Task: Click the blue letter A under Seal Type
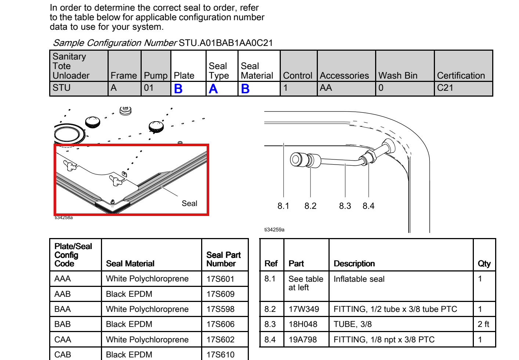coord(213,89)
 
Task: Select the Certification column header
coord(461,76)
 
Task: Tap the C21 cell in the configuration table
coord(445,88)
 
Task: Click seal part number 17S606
coord(220,324)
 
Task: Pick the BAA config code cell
coord(62,309)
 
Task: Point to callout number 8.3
coord(345,206)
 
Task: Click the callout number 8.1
coord(283,206)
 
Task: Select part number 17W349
coord(304,309)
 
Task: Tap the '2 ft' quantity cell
coord(483,324)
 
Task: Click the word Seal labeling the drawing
coord(189,204)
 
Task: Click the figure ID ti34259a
coord(274,230)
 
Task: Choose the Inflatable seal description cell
coord(359,279)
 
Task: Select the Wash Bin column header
coord(398,76)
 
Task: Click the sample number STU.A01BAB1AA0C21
coord(226,43)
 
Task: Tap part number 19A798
coord(302,339)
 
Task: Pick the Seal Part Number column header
coord(224,259)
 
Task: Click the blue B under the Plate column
coord(178,89)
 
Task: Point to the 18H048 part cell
coord(303,324)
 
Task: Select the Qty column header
coord(484,264)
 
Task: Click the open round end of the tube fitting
coord(295,159)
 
